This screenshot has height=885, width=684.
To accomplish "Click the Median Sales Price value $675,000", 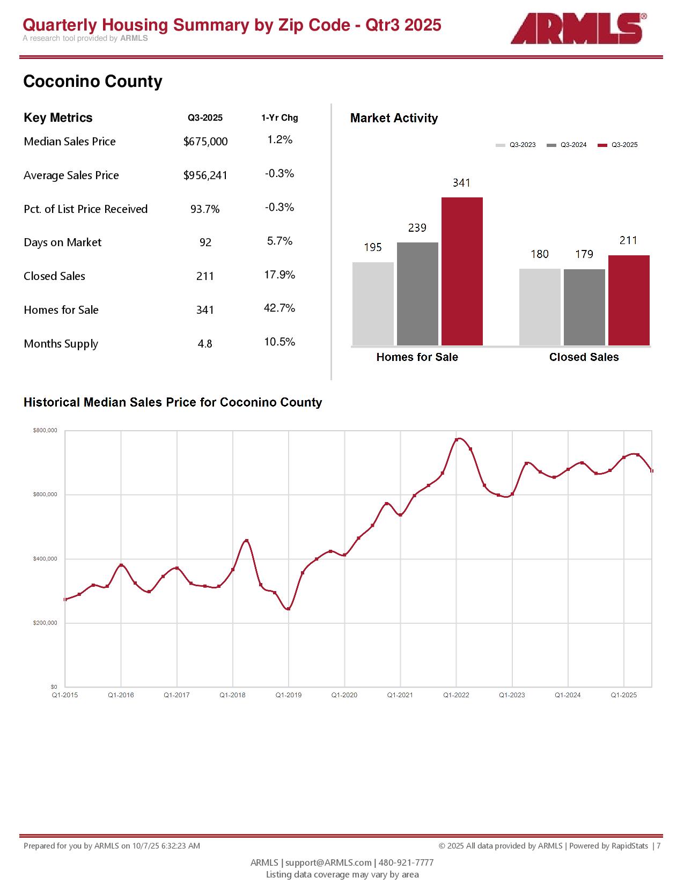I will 205,142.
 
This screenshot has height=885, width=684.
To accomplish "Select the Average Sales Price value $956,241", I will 205,175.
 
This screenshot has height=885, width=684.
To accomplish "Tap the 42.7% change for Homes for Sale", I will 280,308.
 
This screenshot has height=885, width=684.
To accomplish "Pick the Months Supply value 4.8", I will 205,344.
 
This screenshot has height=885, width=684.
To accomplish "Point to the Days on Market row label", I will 62,242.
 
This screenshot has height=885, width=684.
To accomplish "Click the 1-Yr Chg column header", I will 280,118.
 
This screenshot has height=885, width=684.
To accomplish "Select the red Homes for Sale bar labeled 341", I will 462,271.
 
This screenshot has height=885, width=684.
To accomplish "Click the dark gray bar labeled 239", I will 417,293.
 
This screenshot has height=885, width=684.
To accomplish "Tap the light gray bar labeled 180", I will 540,307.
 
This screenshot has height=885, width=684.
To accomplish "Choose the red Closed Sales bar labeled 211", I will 629,300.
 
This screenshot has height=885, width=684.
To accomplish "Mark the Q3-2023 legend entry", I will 516,145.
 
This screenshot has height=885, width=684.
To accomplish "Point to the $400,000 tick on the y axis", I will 45,559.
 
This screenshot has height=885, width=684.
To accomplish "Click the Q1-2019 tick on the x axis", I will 289,695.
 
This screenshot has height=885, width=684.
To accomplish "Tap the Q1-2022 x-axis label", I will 456,695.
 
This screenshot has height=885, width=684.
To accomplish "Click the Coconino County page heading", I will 93,82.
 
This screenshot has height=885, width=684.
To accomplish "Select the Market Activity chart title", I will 394,119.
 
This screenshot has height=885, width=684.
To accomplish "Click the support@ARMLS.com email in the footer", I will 328,862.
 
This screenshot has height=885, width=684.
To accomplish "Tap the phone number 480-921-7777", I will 406,862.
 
